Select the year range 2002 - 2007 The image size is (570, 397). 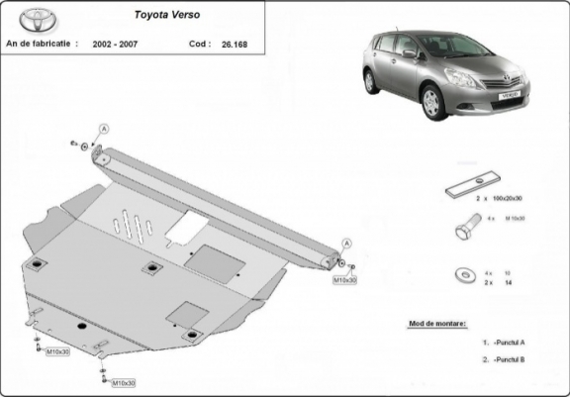pyautogui.click(x=116, y=45)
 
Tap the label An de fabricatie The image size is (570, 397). pyautogui.click(x=43, y=45)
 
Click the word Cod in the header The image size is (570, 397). pyautogui.click(x=198, y=45)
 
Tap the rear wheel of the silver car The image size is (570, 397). pyautogui.click(x=371, y=82)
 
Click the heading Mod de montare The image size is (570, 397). pyautogui.click(x=436, y=324)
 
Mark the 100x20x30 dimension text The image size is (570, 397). pyautogui.click(x=510, y=199)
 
